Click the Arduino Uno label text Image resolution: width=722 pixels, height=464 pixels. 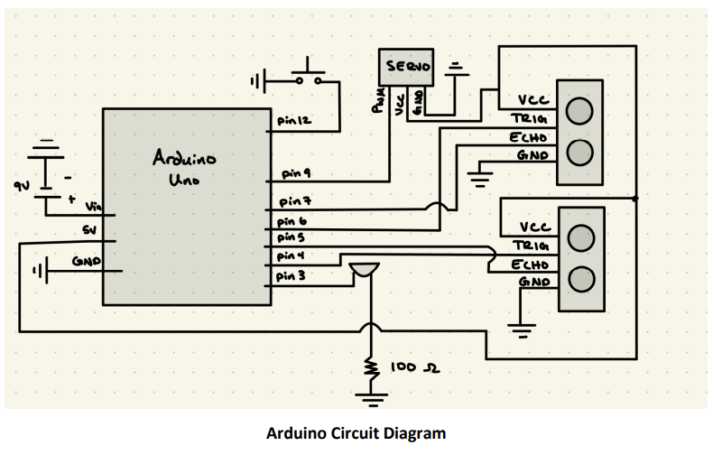184,169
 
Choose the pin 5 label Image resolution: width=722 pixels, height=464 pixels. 289,237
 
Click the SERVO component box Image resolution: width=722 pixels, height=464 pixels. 409,67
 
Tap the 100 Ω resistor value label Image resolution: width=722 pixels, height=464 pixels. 415,368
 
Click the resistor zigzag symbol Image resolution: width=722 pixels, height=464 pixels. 370,368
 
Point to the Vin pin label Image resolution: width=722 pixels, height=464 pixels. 93,208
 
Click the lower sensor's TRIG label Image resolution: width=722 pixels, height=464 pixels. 530,246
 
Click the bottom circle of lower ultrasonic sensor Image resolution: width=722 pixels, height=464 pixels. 580,277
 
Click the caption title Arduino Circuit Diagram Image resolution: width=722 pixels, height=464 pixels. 356,433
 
